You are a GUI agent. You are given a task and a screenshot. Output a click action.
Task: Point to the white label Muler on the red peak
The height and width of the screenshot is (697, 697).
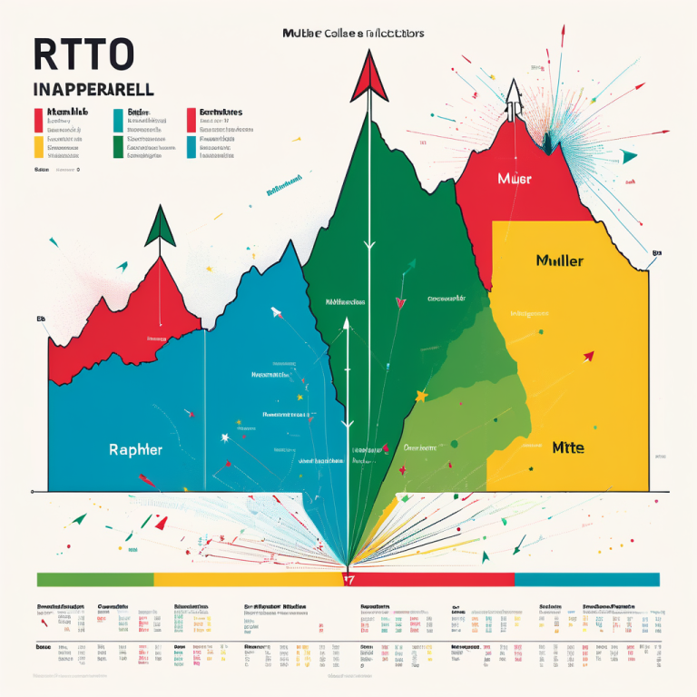(x=515, y=179)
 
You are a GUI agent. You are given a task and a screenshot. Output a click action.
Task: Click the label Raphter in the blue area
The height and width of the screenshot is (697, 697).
(x=136, y=448)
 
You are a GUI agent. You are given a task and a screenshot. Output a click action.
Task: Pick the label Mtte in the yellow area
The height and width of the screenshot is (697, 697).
(x=568, y=447)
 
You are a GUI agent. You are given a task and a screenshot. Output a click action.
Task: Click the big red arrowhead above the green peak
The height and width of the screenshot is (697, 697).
(x=368, y=76)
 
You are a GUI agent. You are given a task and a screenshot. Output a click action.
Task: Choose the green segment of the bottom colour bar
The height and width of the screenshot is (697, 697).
(x=94, y=579)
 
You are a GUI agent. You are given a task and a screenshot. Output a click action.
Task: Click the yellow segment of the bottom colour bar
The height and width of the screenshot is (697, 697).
(x=245, y=579)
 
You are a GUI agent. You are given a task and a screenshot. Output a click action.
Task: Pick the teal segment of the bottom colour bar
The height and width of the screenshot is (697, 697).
(x=586, y=579)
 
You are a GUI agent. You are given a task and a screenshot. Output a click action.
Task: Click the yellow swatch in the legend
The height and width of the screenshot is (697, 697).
(x=38, y=147)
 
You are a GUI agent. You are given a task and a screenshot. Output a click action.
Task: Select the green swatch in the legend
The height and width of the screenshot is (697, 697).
(x=118, y=147)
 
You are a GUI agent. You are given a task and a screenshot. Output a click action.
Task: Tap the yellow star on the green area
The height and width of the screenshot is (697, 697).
(x=421, y=397)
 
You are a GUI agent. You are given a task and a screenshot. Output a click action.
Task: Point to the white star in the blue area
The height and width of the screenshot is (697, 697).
(x=225, y=438)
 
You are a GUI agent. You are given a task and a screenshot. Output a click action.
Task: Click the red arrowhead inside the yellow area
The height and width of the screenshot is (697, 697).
(x=588, y=356)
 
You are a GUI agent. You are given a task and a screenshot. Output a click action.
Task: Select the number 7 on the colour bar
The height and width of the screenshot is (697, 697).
(x=348, y=579)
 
